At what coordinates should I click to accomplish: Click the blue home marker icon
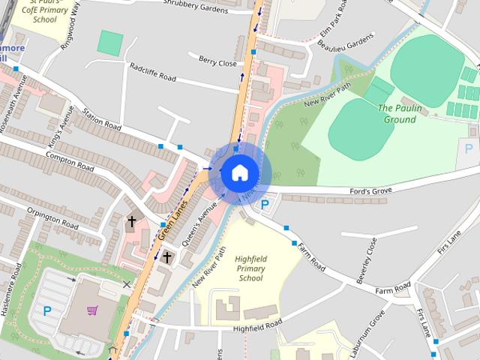click(239, 173)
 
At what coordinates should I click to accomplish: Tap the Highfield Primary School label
click(250, 268)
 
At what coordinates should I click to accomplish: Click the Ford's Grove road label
click(371, 192)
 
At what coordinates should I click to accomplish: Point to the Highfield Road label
click(256, 325)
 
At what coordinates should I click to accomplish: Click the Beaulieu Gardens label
click(346, 44)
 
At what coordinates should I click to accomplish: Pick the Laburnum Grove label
click(367, 331)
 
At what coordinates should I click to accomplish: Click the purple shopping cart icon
click(92, 310)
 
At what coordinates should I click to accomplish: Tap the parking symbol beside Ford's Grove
click(264, 204)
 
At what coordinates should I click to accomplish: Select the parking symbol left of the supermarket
click(48, 310)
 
